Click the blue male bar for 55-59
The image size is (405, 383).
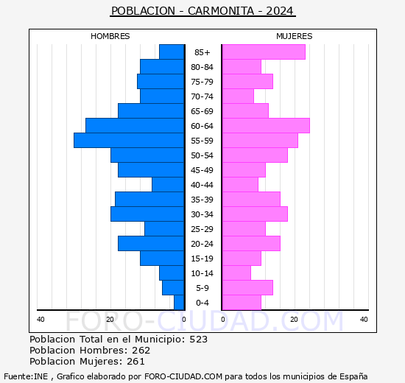pyautogui.click(x=129, y=140)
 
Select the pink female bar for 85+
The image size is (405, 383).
pyautogui.click(x=263, y=52)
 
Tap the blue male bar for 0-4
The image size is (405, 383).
pyautogui.click(x=179, y=302)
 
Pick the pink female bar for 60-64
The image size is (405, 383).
pyautogui.click(x=265, y=125)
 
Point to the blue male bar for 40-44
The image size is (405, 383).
pyautogui.click(x=168, y=184)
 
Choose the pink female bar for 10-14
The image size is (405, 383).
pyautogui.click(x=236, y=273)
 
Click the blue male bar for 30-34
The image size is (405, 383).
pyautogui.click(x=147, y=214)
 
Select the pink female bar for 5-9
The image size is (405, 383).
pyautogui.click(x=247, y=287)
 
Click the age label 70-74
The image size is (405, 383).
pyautogui.click(x=202, y=96)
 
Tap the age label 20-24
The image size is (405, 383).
pyautogui.click(x=202, y=244)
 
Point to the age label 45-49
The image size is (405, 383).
pyautogui.click(x=202, y=170)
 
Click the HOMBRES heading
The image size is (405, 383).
pyautogui.click(x=110, y=36)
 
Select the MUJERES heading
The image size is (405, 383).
pyautogui.click(x=294, y=36)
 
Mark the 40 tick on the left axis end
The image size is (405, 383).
pyautogui.click(x=40, y=319)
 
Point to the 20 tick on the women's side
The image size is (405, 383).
pyautogui.click(x=294, y=319)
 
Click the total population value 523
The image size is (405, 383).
pyautogui.click(x=198, y=340)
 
